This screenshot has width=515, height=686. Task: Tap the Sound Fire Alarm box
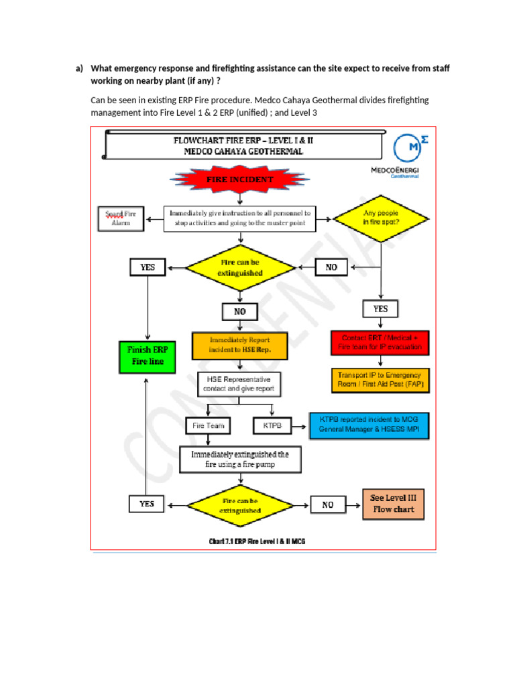[121, 219]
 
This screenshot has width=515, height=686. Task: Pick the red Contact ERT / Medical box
[380, 342]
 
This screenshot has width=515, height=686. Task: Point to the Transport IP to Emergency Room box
[380, 380]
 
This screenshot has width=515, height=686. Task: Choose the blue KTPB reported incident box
[368, 425]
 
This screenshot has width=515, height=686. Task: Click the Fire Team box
[208, 425]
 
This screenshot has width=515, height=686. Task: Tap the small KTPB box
[272, 425]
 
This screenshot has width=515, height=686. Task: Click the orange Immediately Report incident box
[239, 345]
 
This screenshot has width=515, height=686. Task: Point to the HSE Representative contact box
[239, 384]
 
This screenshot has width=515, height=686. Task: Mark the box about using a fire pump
[240, 459]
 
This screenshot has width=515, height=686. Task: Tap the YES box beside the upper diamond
[147, 267]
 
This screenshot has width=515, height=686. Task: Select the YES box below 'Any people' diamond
[380, 309]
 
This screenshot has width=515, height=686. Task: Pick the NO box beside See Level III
[327, 504]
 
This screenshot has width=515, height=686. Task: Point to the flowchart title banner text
[243, 146]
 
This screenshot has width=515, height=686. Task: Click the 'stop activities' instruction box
[239, 219]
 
